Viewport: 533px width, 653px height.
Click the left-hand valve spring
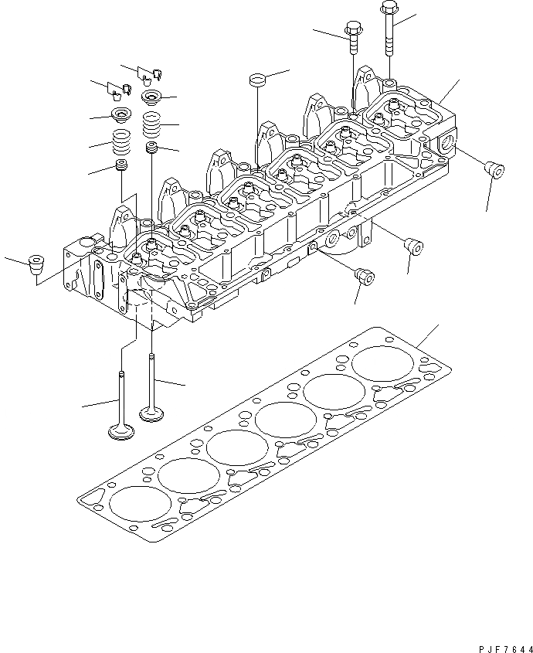point(121,144)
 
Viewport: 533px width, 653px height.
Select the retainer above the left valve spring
point(121,117)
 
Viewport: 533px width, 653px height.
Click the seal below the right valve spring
point(153,146)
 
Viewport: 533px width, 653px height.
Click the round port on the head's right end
point(450,145)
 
